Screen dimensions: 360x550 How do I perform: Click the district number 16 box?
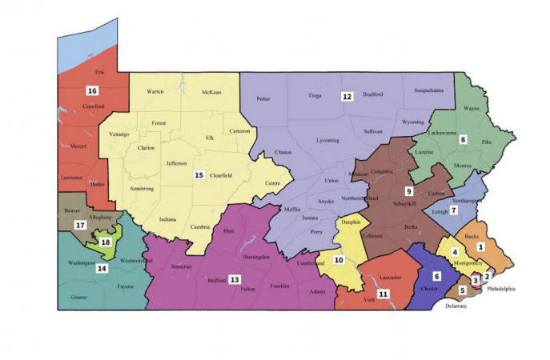click(92, 90)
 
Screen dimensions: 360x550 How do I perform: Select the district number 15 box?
click(199, 174)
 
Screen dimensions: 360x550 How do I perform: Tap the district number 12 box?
click(347, 97)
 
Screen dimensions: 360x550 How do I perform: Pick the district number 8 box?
click(462, 140)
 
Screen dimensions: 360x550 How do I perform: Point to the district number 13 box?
click(235, 279)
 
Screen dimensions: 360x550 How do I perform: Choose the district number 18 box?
click(105, 242)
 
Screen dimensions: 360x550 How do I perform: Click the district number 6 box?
click(437, 276)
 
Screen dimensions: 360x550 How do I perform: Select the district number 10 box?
click(339, 259)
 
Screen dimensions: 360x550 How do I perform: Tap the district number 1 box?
click(480, 225)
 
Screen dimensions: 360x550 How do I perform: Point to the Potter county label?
click(263, 99)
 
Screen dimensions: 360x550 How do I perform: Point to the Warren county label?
click(155, 92)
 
